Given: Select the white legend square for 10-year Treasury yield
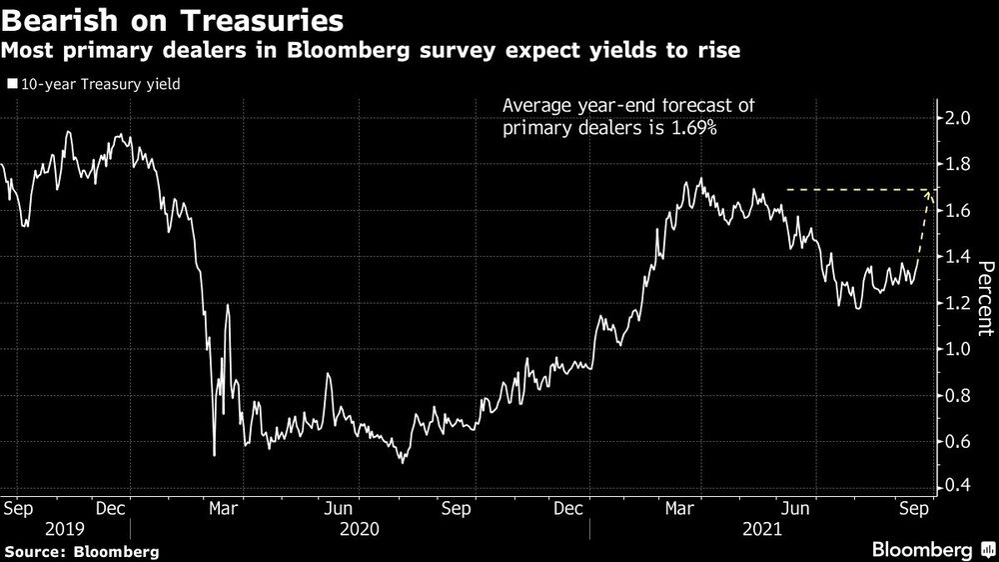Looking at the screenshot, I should tap(12, 85).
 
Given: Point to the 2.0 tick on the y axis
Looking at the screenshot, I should tap(957, 118).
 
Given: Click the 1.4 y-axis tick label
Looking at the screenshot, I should tap(957, 257).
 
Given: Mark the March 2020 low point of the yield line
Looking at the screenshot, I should tap(215, 455).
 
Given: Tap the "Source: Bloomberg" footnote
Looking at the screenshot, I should tap(81, 551).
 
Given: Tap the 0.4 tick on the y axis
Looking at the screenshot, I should tap(957, 487).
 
